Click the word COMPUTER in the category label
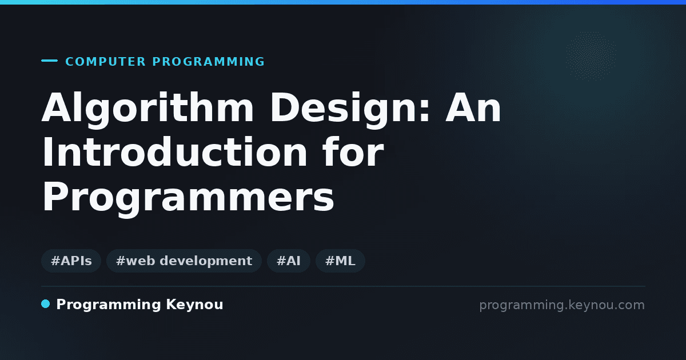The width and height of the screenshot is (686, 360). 105,62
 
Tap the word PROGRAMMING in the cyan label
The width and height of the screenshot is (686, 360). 208,62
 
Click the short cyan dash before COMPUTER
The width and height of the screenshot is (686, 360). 49,61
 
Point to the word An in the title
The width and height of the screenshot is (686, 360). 473,108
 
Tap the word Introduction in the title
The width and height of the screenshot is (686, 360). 174,152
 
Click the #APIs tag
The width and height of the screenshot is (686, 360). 71,261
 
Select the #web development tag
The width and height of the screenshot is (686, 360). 184,261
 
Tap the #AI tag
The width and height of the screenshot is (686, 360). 289,261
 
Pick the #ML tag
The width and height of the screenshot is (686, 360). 340,261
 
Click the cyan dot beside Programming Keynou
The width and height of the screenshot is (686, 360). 45,304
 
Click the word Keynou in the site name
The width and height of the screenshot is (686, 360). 194,305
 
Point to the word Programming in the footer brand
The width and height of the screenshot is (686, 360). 109,305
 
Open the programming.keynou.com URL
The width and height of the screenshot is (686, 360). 562,305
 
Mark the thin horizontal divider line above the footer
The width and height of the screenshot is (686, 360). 343,286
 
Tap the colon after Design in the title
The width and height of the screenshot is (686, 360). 425,110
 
